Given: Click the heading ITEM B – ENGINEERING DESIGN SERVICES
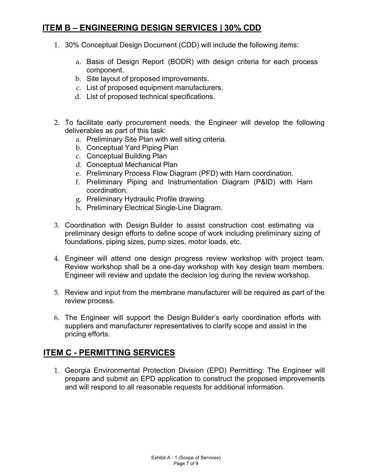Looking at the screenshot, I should (152, 28).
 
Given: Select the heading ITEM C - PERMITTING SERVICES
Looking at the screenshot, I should (109, 353).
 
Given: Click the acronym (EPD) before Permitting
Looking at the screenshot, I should (216, 370).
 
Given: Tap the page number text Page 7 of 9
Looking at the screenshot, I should (186, 464).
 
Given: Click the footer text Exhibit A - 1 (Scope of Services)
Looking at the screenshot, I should (186, 458).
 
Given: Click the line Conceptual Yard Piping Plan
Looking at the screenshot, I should (132, 148).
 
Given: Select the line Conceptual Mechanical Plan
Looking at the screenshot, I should (132, 165).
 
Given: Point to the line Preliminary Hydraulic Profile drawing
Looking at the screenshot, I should (146, 199).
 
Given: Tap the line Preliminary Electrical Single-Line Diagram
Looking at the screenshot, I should (154, 208).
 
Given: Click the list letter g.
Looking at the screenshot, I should (78, 199).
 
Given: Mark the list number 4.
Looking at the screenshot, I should (56, 258).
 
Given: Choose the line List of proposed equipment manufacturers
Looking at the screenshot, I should (155, 88).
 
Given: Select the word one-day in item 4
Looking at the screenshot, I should (172, 267).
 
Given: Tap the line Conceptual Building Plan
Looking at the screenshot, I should (126, 156).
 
